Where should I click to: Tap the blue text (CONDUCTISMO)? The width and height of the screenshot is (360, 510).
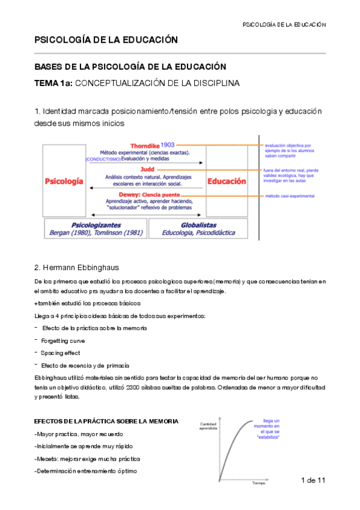103,159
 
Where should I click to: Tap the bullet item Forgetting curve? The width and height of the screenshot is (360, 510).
63,340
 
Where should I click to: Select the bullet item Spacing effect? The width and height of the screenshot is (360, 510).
60,352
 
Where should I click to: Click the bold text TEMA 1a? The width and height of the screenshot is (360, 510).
53,84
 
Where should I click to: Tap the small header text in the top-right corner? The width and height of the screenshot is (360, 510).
284,25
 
